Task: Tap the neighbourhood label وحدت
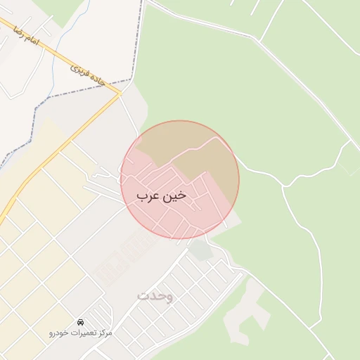point(155,296)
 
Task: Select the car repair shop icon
point(81,321)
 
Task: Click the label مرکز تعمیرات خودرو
point(81,331)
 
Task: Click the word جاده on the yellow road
point(96,79)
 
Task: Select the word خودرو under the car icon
point(59,331)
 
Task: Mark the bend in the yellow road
point(120,92)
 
